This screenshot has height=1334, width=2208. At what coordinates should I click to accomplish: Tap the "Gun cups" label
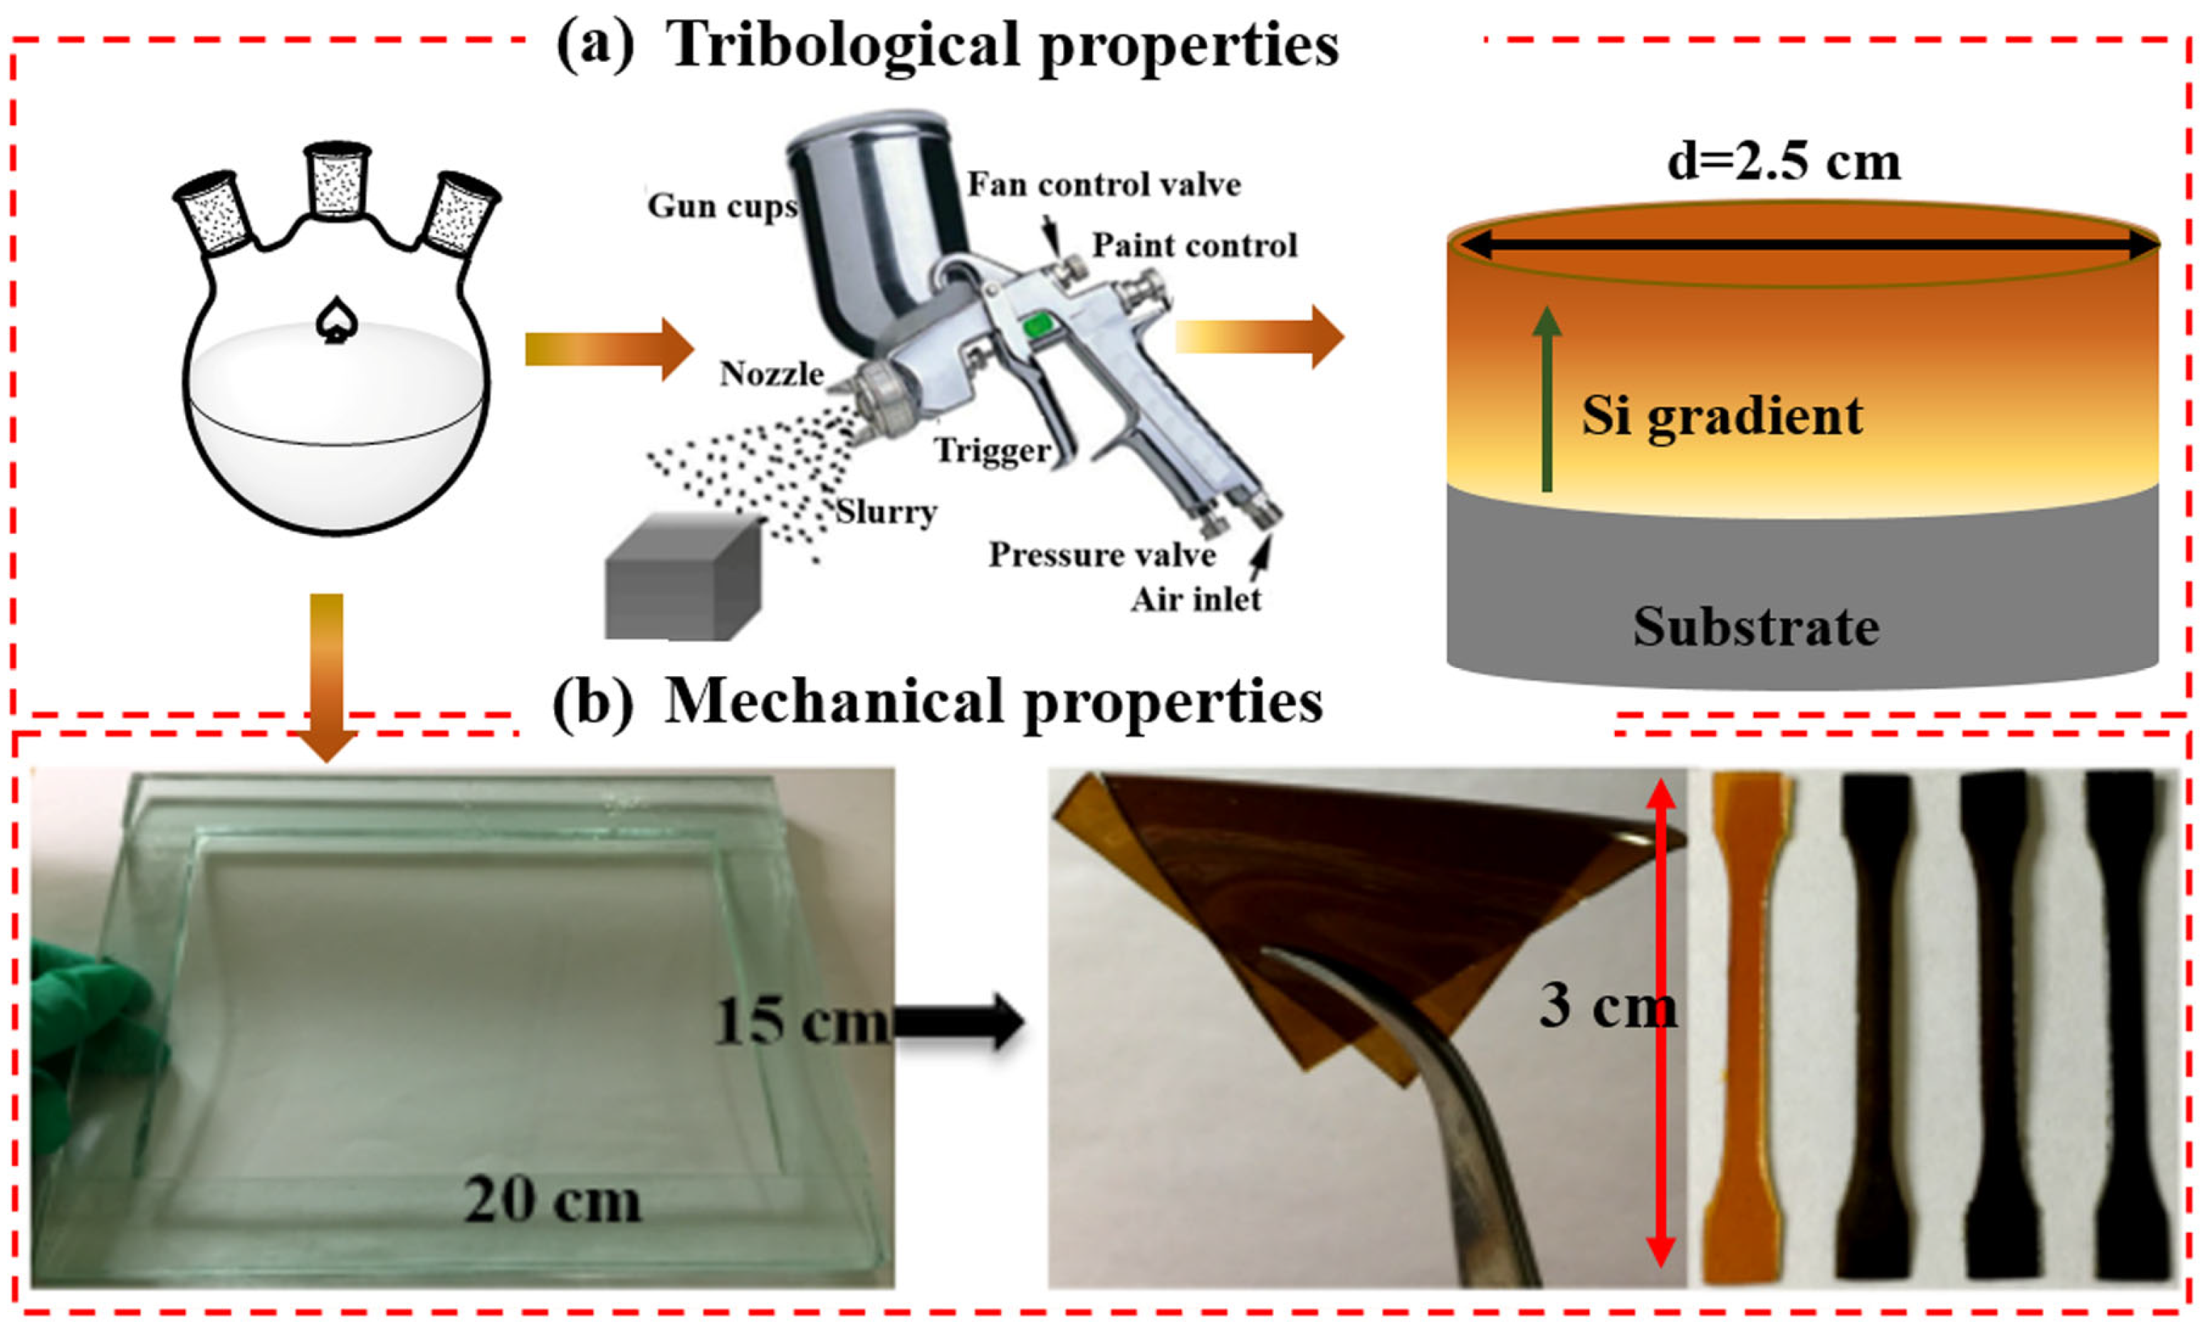(721, 206)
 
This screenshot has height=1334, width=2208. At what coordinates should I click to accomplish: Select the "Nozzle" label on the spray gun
(772, 374)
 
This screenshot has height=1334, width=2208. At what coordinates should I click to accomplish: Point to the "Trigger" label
(992, 450)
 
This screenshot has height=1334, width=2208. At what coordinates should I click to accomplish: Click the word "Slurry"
(886, 512)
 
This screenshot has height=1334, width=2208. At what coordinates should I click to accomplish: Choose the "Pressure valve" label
(1102, 555)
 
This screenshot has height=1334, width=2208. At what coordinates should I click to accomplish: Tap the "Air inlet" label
(1195, 599)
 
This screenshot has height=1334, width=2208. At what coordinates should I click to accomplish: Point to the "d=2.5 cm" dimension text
(1783, 163)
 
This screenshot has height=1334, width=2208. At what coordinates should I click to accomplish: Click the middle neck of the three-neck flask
(336, 179)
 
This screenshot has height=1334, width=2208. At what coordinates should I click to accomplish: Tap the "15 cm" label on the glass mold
(800, 1022)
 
